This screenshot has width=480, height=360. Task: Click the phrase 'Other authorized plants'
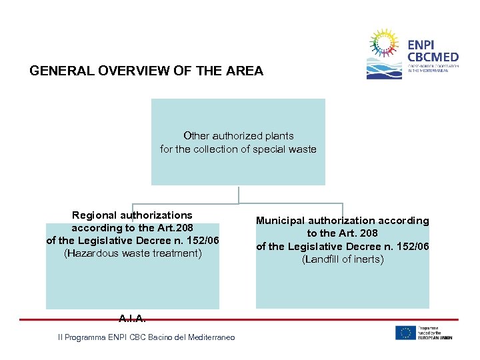coord(238,135)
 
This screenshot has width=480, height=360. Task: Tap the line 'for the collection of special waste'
coord(238,149)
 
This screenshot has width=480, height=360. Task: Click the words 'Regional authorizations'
coord(132,215)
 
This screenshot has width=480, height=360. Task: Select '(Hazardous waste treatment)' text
coord(132,253)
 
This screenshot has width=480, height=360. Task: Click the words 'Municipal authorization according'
coord(343,220)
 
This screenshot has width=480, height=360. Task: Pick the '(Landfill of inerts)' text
coord(343,259)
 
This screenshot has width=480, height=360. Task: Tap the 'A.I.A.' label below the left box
coord(132,319)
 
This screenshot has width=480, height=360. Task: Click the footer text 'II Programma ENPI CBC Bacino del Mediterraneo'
coord(147,338)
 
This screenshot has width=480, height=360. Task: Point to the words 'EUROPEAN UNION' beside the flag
coord(436,337)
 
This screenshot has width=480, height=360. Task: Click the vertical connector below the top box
coord(238,194)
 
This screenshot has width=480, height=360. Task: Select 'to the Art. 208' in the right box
coord(343,233)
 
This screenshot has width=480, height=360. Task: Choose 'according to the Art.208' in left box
coord(132,227)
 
